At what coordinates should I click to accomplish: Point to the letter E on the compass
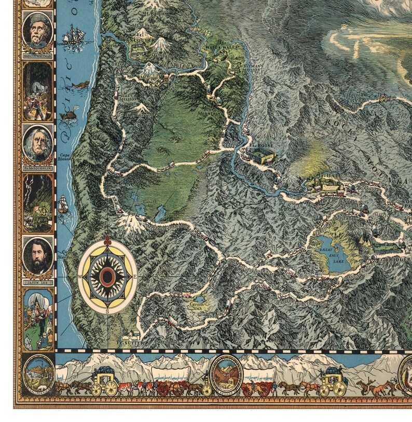tap(135, 277)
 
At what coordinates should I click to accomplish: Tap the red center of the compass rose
tap(107, 277)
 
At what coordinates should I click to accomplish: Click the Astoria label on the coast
tap(112, 45)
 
